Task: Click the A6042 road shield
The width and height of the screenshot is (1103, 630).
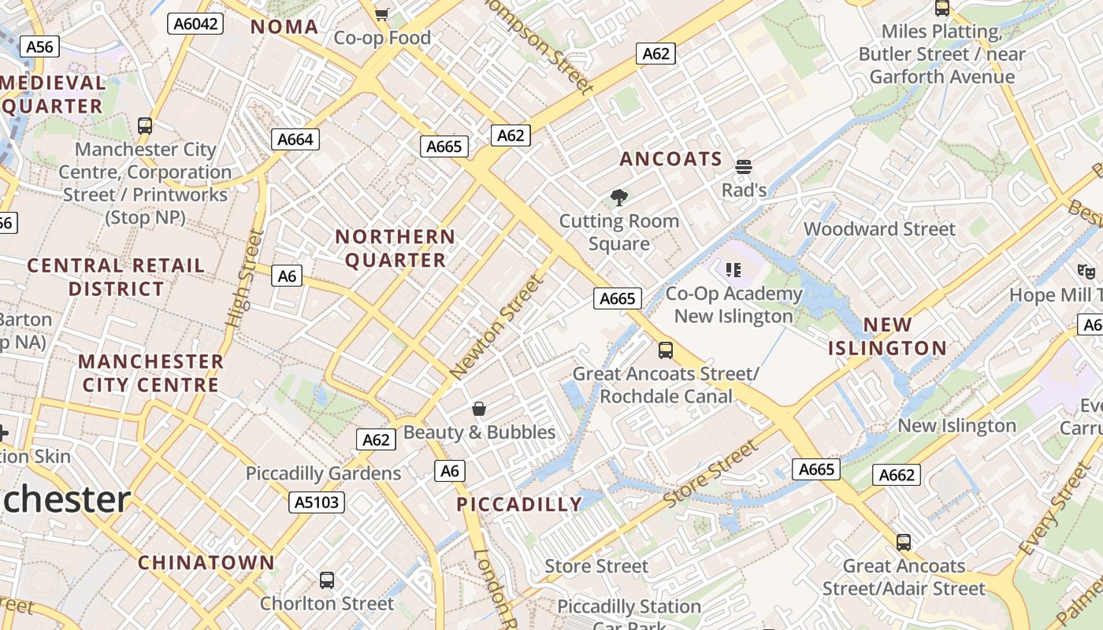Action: coord(195,24)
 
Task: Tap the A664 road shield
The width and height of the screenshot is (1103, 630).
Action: coord(296,140)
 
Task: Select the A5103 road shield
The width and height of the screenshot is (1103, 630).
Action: coord(318,502)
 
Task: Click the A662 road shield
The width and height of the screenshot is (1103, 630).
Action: coord(897,475)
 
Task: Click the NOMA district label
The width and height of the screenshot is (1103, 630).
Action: coord(284,27)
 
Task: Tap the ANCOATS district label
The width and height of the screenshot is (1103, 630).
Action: coord(670,159)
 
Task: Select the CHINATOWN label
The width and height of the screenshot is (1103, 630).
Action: coord(206,563)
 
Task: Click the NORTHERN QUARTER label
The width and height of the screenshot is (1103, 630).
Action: coord(396,248)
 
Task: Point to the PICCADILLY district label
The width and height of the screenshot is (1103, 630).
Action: coord(519,505)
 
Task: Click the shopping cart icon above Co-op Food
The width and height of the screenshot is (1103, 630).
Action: coord(382,13)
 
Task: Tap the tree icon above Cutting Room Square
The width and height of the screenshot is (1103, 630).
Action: coord(619,197)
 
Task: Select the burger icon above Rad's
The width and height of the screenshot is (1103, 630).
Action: coord(744,167)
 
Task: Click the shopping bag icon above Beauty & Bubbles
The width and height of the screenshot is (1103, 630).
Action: coord(479,408)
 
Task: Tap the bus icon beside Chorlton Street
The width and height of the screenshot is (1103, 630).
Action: coord(327,580)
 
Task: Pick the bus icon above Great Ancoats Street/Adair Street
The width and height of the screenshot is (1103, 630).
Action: coord(904,543)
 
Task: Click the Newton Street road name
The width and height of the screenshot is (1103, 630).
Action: coord(496,327)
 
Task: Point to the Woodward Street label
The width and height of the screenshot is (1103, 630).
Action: coord(879,229)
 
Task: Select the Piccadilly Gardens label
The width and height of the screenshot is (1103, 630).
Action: coord(323,473)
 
